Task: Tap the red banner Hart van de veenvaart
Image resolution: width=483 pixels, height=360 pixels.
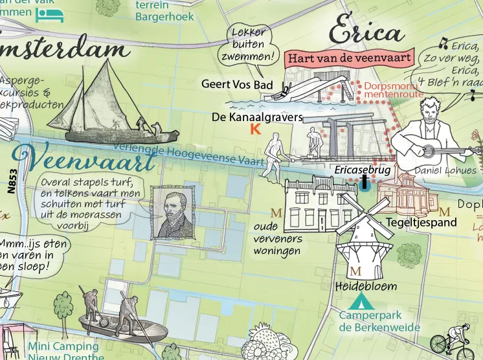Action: (x=350, y=58)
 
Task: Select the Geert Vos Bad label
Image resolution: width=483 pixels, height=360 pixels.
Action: (x=237, y=84)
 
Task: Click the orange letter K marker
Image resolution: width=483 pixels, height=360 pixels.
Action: (x=255, y=129)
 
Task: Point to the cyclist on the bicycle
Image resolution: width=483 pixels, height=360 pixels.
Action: (x=456, y=340)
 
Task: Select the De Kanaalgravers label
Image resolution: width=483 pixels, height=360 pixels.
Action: (x=257, y=117)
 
